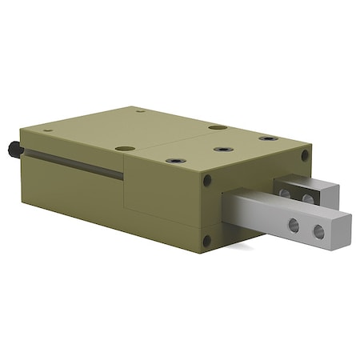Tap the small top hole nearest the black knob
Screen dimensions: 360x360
pos(47,130)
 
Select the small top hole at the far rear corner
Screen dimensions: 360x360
pos(139,110)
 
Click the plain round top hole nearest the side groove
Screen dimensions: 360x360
pos(124,148)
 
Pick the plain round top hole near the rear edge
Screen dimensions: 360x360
pos(217,127)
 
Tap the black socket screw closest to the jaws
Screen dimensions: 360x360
pos(268,138)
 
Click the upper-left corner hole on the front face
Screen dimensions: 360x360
pos(207,181)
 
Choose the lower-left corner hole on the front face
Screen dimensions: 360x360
pos(207,240)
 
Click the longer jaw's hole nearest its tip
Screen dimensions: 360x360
pos(318,231)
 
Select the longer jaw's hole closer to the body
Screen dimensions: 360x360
pos(294,225)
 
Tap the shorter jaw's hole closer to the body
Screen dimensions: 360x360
pos(284,193)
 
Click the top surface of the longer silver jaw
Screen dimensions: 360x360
pos(280,206)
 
